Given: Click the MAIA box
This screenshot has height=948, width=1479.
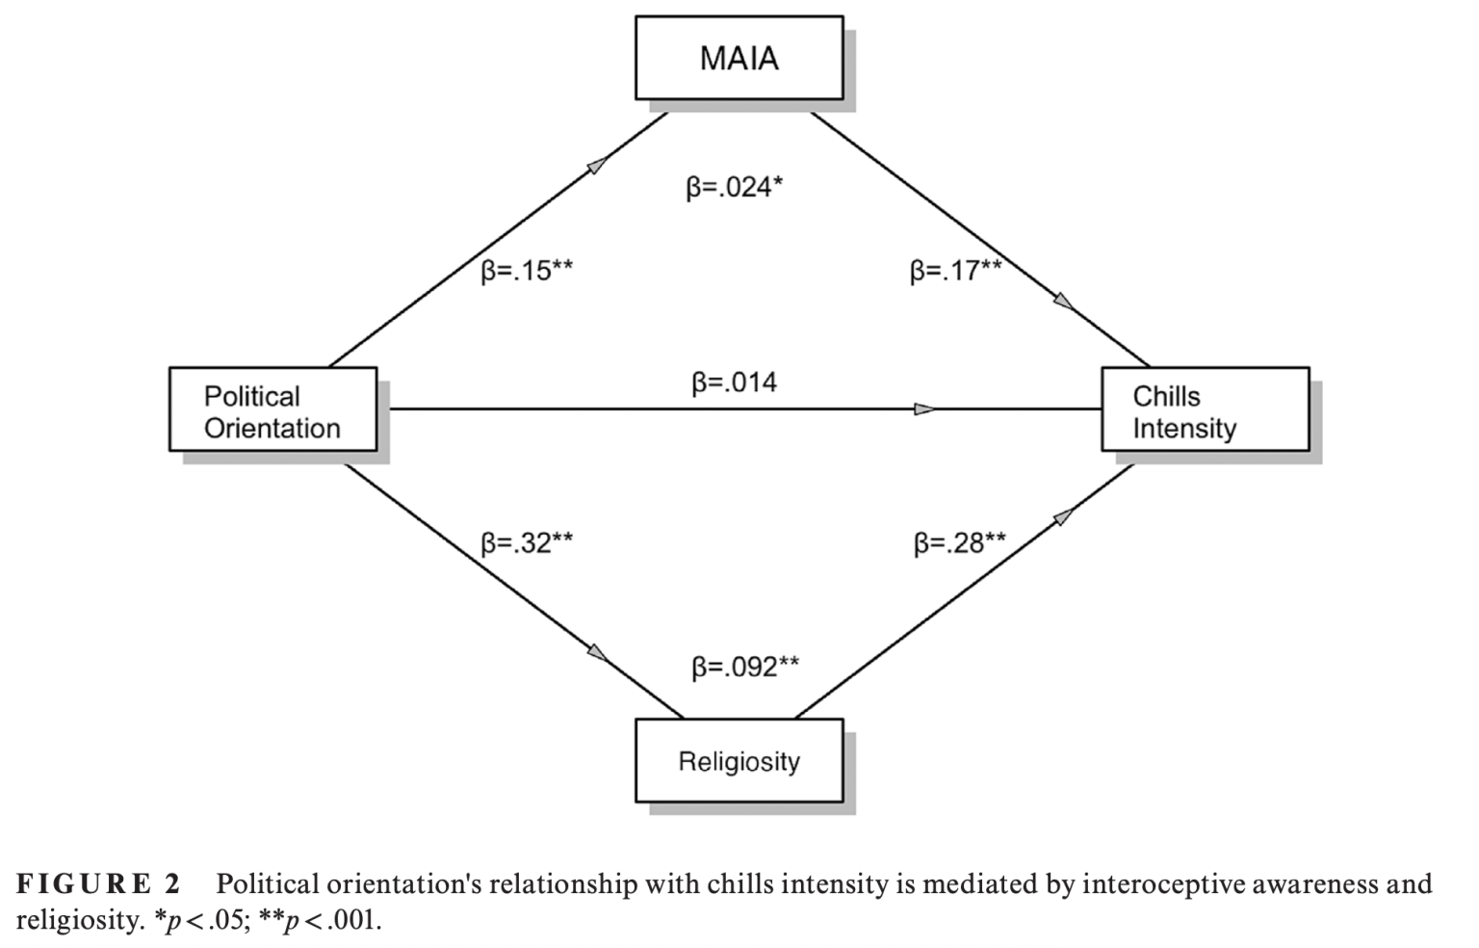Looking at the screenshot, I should [x=739, y=58].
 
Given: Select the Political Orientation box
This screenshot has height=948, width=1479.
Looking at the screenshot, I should [x=272, y=409].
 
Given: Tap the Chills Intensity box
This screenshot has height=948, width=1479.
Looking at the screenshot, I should [x=1205, y=409].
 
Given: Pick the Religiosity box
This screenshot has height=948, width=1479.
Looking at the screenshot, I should [x=739, y=760].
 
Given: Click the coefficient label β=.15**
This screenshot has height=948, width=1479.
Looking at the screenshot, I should [x=527, y=271].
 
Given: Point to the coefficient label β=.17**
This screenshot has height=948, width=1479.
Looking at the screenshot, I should [x=955, y=271].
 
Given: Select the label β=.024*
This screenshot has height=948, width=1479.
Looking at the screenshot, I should [x=734, y=187].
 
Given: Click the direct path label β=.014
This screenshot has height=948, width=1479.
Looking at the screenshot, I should [x=734, y=382].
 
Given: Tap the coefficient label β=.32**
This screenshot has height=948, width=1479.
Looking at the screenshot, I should [x=527, y=543].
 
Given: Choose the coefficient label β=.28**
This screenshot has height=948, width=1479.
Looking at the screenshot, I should [x=959, y=543].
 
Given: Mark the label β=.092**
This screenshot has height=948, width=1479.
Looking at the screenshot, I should [x=744, y=667].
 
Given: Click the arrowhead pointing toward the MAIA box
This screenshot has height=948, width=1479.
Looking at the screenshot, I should [x=598, y=165].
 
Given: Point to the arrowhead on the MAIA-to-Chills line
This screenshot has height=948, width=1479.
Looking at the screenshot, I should [x=1064, y=303].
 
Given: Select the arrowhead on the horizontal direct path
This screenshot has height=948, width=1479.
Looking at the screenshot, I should [x=925, y=409].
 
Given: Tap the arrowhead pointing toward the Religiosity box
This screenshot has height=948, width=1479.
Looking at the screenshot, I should [x=599, y=654].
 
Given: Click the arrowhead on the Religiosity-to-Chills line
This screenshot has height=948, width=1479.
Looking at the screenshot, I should [x=1064, y=516].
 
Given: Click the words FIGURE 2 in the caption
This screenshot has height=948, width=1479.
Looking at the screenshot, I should [x=98, y=883].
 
